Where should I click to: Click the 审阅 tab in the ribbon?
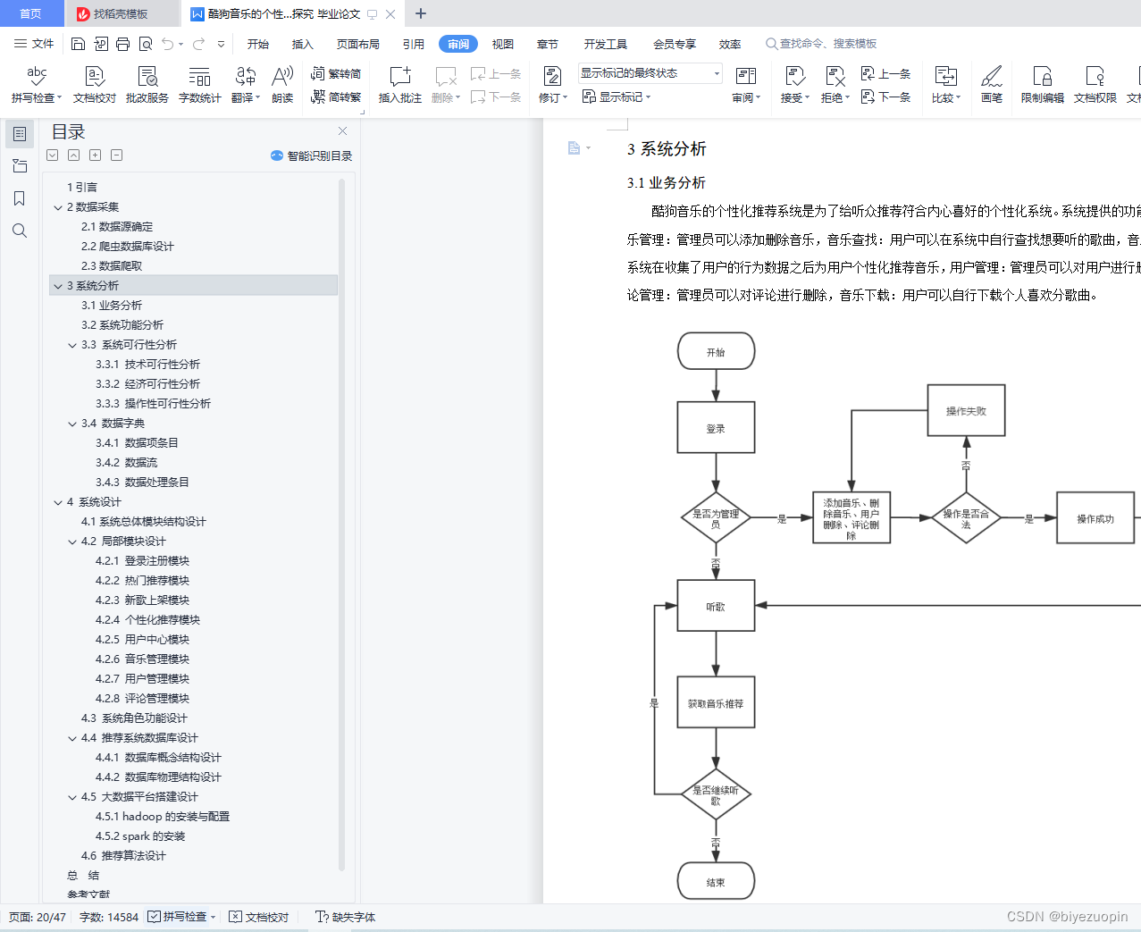point(457,44)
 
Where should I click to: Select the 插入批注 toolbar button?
point(399,85)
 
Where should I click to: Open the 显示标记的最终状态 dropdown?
point(650,73)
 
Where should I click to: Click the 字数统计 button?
point(199,85)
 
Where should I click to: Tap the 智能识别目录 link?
point(312,155)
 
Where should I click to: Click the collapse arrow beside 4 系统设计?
point(58,502)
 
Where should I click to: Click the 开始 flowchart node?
point(716,351)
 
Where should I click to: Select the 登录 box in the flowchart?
point(716,428)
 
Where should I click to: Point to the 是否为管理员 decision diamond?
point(716,518)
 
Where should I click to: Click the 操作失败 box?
point(966,410)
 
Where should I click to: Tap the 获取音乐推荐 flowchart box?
point(716,703)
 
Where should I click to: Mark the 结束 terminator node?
point(716,881)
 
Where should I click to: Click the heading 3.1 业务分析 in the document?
point(667,182)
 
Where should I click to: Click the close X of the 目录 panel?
point(342,130)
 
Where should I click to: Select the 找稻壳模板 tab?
point(120,13)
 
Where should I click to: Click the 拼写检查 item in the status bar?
point(183,917)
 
